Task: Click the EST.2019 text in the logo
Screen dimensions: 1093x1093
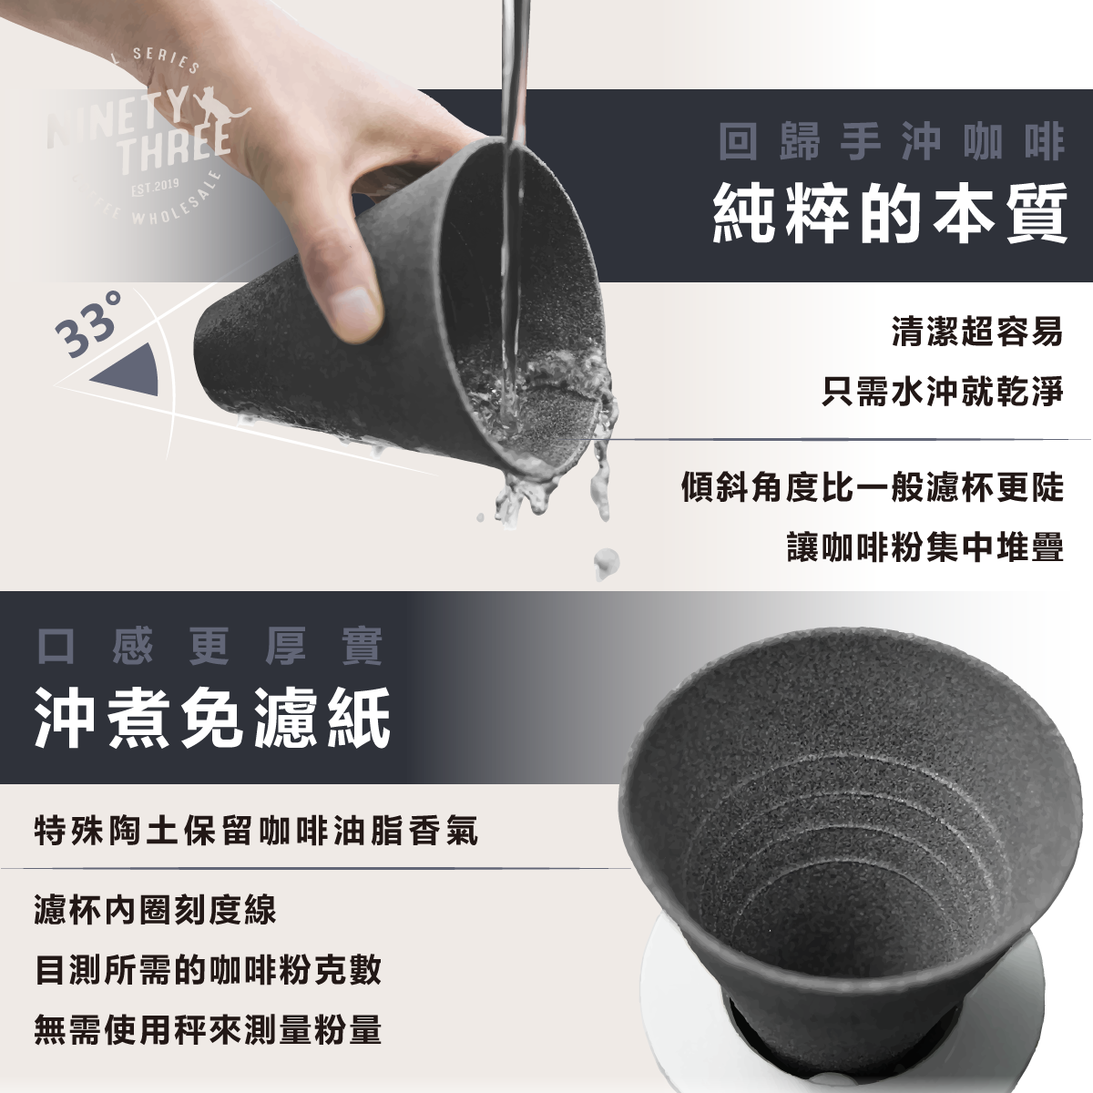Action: click(x=155, y=188)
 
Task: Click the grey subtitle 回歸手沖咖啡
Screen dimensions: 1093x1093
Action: click(x=892, y=142)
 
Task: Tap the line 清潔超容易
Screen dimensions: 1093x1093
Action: click(x=976, y=332)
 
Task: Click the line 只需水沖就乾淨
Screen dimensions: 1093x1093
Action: click(x=942, y=392)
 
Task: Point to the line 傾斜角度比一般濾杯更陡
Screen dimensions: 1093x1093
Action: click(x=873, y=486)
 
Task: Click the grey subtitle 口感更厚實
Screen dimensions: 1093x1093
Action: click(x=209, y=646)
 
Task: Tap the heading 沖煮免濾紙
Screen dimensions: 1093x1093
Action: click(x=213, y=718)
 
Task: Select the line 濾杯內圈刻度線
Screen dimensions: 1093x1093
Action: click(x=155, y=910)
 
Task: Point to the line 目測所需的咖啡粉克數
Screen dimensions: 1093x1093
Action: click(x=208, y=970)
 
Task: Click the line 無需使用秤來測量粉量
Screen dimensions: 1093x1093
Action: click(x=208, y=1029)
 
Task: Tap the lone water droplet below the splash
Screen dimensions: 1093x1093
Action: click(x=607, y=563)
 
